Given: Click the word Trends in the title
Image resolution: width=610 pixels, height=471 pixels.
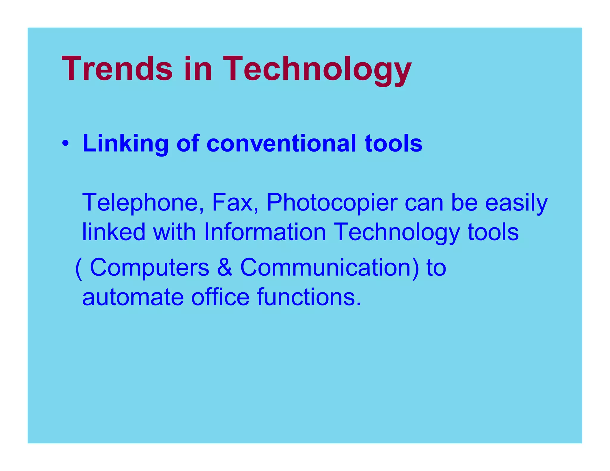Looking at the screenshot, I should click(x=117, y=69).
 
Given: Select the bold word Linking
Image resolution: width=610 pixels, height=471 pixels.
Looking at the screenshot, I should click(x=125, y=144).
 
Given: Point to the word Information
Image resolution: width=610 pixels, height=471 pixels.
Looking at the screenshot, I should click(x=265, y=232).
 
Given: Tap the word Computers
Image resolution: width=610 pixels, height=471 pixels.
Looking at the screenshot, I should click(x=150, y=267).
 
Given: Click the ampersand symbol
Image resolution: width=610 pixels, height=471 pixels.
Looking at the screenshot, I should click(x=225, y=267).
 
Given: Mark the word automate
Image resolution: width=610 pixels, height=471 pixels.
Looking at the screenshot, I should click(x=133, y=297).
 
